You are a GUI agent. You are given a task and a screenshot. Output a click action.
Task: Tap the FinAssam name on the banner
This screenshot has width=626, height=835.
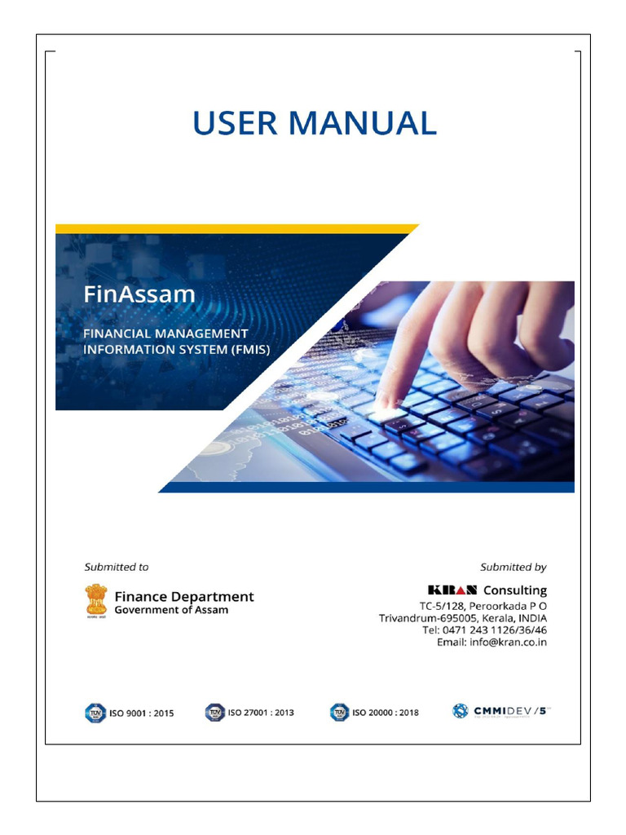pyautogui.click(x=139, y=294)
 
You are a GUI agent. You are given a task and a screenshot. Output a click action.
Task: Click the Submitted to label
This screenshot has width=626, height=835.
pyautogui.click(x=117, y=567)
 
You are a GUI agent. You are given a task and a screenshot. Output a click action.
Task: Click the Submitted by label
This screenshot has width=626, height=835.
pyautogui.click(x=513, y=567)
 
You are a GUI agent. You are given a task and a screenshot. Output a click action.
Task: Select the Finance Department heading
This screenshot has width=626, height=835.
pyautogui.click(x=184, y=597)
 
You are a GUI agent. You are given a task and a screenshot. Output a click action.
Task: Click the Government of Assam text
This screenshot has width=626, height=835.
pyautogui.click(x=171, y=610)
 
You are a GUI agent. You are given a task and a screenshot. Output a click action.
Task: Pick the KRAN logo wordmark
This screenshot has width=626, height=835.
pyautogui.click(x=452, y=590)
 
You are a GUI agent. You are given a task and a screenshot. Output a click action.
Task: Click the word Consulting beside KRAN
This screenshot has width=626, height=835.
pyautogui.click(x=515, y=590)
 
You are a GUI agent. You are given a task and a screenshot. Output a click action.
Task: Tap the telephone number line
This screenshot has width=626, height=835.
pyautogui.click(x=484, y=630)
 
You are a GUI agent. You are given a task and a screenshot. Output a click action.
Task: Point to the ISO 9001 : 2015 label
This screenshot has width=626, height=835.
pyautogui.click(x=141, y=713)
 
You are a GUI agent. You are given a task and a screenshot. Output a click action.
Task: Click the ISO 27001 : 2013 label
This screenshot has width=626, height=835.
pyautogui.click(x=261, y=713)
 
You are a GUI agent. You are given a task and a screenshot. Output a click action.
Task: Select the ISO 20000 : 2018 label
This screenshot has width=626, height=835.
pyautogui.click(x=386, y=713)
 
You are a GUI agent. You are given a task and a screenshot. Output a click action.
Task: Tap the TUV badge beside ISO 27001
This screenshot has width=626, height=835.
pyautogui.click(x=214, y=713)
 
